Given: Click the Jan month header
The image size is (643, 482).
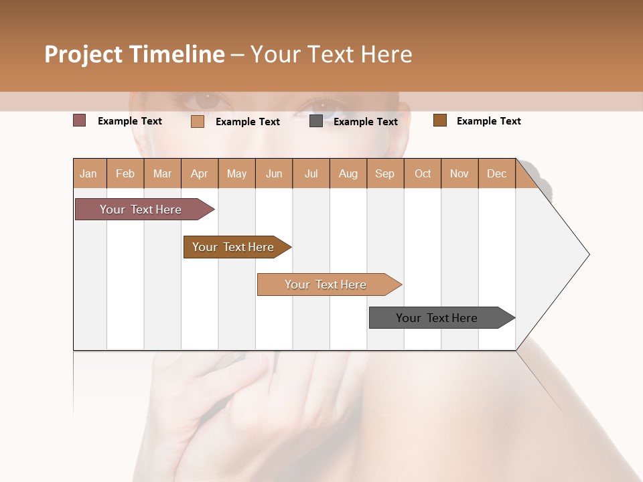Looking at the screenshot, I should point(89,173).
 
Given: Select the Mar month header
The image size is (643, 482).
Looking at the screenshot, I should point(162,173).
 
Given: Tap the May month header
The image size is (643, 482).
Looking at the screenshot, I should point(236,173).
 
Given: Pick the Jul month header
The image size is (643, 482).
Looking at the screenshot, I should point(311,173).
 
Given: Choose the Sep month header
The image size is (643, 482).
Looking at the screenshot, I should point(384,173).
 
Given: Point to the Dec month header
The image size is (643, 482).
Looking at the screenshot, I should point(496,173).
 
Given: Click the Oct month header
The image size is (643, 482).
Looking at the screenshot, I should point(423,173).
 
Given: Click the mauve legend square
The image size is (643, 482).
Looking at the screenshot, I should point(79,120).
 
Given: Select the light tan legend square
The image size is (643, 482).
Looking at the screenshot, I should point(198,121).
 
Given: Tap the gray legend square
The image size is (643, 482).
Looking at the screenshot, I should point(316,121).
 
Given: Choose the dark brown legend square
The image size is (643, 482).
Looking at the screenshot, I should point(440,120).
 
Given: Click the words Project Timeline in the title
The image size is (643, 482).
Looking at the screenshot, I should point(134,54).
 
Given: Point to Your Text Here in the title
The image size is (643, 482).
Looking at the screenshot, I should point(331,54).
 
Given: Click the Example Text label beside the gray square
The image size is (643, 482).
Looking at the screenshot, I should point(365,122).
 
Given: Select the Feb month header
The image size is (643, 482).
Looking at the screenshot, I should point(125,173).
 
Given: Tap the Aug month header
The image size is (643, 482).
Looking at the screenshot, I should point(348,173).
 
